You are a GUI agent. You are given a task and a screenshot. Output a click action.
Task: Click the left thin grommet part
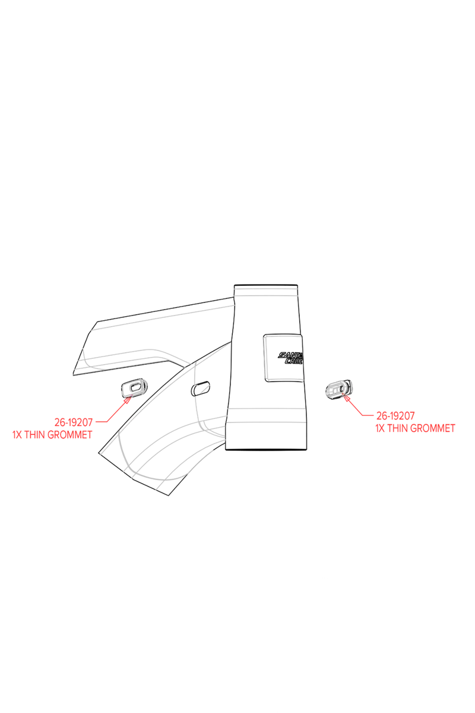(134, 387)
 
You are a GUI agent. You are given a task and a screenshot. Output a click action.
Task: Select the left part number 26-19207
(74, 422)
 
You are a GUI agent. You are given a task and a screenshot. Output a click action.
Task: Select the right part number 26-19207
(395, 416)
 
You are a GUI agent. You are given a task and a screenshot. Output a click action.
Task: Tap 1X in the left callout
(17, 434)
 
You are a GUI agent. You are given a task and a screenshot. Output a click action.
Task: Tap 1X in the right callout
(380, 428)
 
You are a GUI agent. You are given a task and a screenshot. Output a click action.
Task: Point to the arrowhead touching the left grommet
(128, 399)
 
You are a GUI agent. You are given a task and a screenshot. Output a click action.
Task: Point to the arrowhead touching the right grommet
(346, 397)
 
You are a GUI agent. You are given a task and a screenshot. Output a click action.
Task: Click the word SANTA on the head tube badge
(290, 355)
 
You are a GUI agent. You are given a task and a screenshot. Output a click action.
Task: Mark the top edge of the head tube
(265, 285)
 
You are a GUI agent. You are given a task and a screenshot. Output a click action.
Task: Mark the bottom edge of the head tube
(266, 449)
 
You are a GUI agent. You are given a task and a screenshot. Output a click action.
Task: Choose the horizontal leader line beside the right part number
(368, 415)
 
